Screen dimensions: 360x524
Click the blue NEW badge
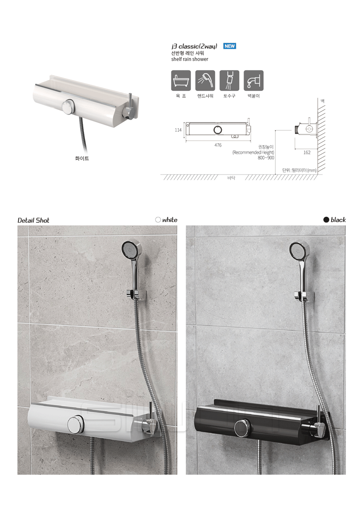click(x=229, y=46)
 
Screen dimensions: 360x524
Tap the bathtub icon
click(x=181, y=81)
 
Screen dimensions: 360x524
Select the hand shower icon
click(x=205, y=81)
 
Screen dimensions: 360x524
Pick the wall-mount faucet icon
click(x=254, y=81)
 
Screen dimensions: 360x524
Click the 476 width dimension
click(x=218, y=145)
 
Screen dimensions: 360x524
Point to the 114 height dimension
click(x=178, y=130)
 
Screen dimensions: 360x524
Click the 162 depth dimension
click(x=307, y=152)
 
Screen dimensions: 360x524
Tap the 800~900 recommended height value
click(x=266, y=158)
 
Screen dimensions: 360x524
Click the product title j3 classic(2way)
click(x=194, y=46)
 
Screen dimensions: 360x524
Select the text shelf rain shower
click(x=189, y=59)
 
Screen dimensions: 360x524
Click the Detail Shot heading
click(x=33, y=220)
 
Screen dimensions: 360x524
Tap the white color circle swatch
click(x=158, y=219)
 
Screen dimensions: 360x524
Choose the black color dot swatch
click(x=326, y=219)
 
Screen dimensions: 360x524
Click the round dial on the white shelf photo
click(x=76, y=425)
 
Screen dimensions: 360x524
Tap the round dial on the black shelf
click(x=243, y=428)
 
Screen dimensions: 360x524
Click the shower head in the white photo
click(x=130, y=250)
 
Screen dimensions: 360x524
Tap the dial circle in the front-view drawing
click(x=218, y=130)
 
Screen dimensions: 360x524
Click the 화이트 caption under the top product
click(x=82, y=158)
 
